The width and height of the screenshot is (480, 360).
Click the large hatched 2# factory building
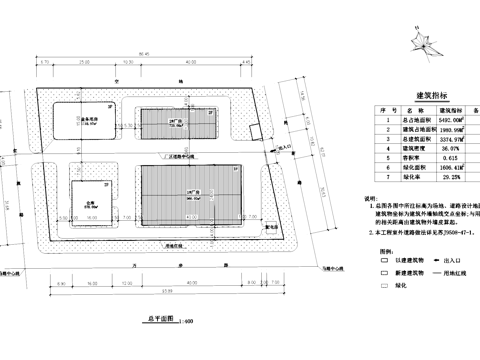point(190,196)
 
